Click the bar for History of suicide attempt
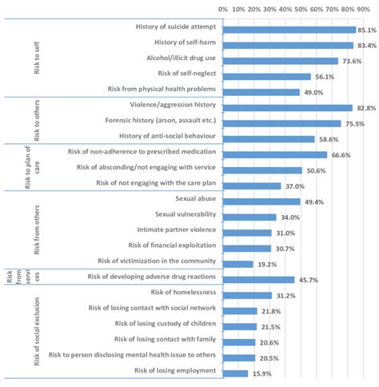pos(289,30)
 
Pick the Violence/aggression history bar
pos(288,107)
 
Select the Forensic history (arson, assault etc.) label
pos(163,122)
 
